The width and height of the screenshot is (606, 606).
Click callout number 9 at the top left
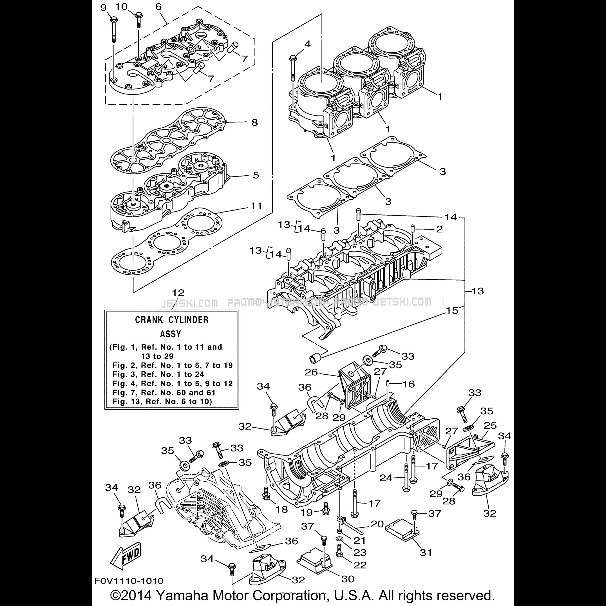(x=104, y=8)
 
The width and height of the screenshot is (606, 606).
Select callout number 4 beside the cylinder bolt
(x=307, y=44)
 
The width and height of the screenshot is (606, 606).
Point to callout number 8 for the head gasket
(x=255, y=122)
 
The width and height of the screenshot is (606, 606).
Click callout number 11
(x=256, y=206)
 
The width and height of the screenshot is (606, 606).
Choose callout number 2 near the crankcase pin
(x=439, y=229)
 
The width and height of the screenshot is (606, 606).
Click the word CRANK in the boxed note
(x=149, y=320)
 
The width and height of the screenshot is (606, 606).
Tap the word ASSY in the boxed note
(x=171, y=334)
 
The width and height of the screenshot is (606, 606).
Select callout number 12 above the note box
(x=178, y=293)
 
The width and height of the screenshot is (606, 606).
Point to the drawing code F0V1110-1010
(x=129, y=581)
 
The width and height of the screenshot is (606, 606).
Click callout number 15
(x=452, y=310)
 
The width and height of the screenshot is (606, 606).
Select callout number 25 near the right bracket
(x=490, y=425)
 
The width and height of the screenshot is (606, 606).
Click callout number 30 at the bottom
(x=348, y=579)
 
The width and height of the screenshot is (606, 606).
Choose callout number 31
(x=426, y=561)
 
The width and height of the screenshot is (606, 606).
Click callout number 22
(x=360, y=565)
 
